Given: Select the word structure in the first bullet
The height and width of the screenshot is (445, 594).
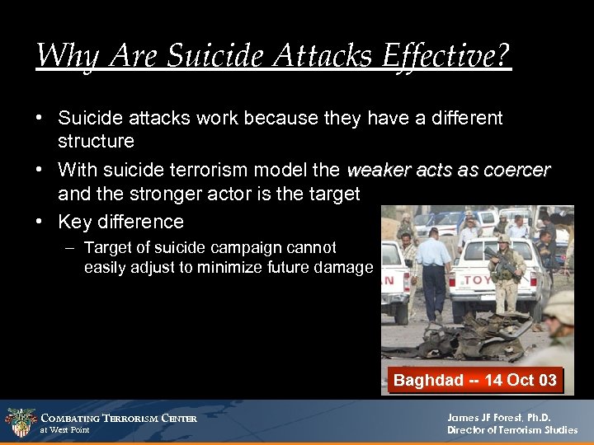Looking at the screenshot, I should click(96, 141).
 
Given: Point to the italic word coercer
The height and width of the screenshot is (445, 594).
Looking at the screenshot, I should click(516, 171).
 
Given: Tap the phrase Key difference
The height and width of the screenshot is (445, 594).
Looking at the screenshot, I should click(120, 222).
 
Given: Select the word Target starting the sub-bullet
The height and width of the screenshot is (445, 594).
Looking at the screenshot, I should click(106, 248).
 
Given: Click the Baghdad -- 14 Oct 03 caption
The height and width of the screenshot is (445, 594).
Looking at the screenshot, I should click(474, 380).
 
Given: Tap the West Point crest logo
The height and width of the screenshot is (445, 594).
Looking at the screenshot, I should click(20, 423).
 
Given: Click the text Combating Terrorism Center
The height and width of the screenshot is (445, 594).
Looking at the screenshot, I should click(119, 419).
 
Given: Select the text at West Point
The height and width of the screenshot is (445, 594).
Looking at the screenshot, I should click(64, 430).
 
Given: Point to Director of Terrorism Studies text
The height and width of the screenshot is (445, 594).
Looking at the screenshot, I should click(512, 430).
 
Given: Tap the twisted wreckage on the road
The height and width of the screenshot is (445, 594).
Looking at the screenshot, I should click(450, 335).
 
